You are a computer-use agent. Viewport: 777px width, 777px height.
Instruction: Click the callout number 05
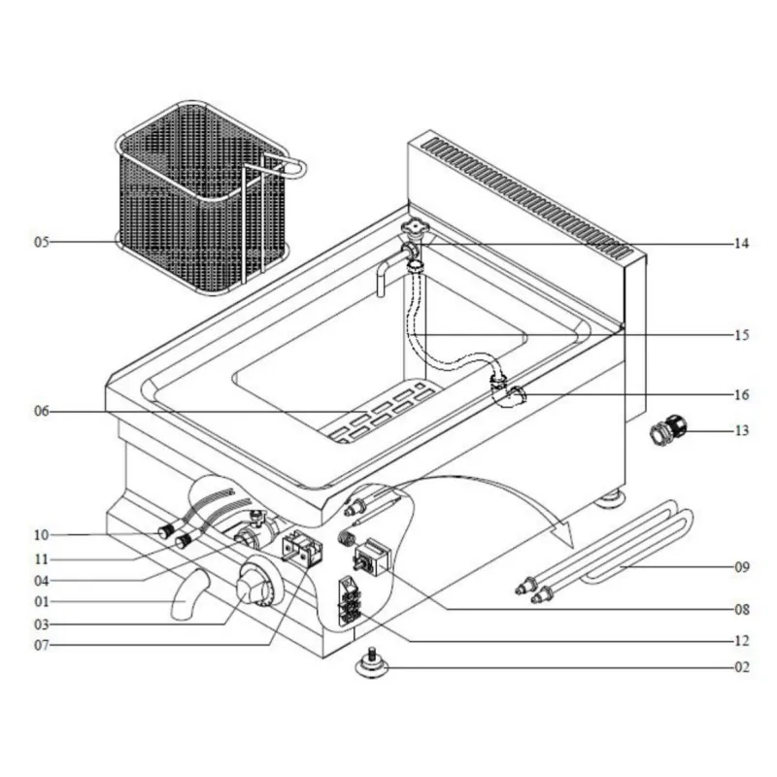click(x=42, y=242)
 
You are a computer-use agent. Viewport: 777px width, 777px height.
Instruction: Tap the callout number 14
click(x=741, y=244)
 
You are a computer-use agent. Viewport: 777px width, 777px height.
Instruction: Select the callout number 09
click(x=742, y=567)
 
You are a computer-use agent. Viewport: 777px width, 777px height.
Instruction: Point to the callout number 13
click(x=741, y=430)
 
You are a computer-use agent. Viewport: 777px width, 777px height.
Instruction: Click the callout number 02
click(x=742, y=667)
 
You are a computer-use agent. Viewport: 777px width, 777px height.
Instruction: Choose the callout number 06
click(x=42, y=411)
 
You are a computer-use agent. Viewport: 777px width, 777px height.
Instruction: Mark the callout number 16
click(x=741, y=395)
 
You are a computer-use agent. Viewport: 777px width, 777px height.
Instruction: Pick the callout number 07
click(x=42, y=646)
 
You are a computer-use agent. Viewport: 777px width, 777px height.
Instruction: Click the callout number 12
click(x=741, y=641)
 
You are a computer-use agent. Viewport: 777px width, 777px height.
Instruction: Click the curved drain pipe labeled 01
click(x=189, y=594)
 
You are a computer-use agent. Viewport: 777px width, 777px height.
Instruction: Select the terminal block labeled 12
click(x=350, y=600)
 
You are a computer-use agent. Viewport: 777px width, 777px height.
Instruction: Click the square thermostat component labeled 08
click(x=371, y=557)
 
